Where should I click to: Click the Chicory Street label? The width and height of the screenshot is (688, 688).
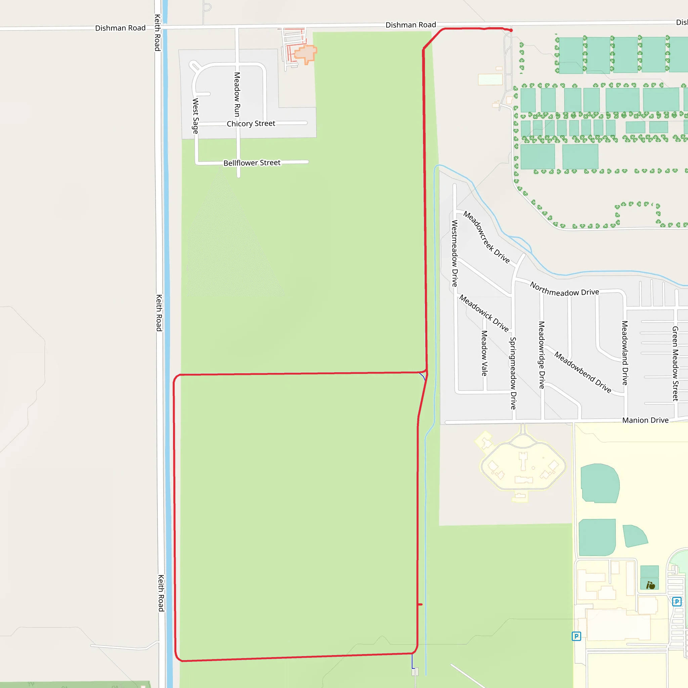[x=251, y=124]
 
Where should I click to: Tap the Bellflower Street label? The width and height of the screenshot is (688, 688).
[x=252, y=163]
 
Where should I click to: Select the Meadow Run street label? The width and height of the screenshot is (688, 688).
[x=237, y=94]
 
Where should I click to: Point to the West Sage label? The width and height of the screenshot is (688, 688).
[x=196, y=116]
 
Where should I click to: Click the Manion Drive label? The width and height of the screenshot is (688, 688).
[x=645, y=420]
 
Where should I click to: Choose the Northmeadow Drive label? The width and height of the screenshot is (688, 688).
[x=564, y=289]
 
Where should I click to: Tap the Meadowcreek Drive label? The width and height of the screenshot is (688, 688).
[x=486, y=237]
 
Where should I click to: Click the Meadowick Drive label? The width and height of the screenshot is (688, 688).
[x=484, y=313]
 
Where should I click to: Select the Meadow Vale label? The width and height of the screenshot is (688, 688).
[x=484, y=353]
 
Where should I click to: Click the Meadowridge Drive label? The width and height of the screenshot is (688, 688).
[x=542, y=355]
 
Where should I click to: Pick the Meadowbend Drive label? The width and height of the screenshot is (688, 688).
[x=583, y=372]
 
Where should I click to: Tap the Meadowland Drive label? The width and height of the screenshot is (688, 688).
[x=625, y=353]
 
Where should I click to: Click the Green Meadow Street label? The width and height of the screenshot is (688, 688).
[x=675, y=363]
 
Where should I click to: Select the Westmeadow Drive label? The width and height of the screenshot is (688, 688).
[x=455, y=253]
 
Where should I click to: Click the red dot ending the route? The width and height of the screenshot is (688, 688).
[x=511, y=30]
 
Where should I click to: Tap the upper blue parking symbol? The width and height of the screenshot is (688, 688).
[x=677, y=602]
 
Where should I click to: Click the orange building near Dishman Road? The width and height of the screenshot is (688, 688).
[x=306, y=53]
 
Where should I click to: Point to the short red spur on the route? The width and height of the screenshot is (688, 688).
[x=421, y=604]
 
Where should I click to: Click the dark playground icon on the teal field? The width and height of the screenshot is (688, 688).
[x=651, y=586]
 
